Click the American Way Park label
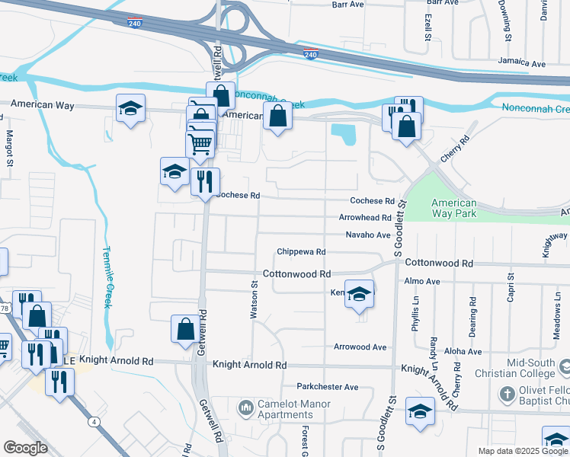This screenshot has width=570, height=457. (453, 208)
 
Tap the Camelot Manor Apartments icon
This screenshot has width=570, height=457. (245, 409)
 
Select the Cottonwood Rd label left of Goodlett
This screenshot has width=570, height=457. (296, 273)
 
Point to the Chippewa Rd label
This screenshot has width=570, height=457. (301, 251)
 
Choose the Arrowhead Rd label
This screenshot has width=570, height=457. (365, 218)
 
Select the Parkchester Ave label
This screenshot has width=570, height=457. (327, 387)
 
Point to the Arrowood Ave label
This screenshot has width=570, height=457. (360, 347)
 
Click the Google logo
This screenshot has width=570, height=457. (25, 448)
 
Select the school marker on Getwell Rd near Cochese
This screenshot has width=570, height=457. (175, 171)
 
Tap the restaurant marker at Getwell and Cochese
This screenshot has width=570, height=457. (204, 182)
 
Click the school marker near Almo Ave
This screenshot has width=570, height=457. (358, 295)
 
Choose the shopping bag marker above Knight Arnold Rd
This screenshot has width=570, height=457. (185, 329)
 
